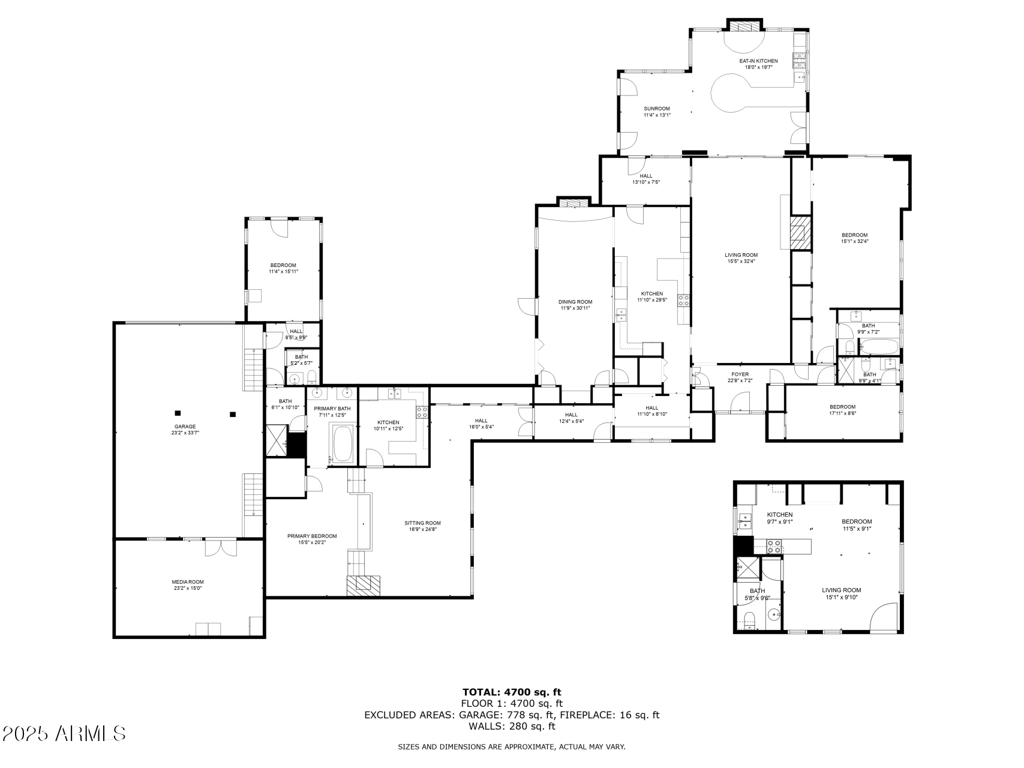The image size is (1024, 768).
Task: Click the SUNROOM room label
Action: pos(656,112)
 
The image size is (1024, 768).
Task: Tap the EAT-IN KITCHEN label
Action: pos(758,64)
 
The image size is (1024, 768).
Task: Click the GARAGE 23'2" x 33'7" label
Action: pos(185,430)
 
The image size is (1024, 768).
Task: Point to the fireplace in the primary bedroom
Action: pos(364,584)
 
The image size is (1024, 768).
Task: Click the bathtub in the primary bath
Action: pos(343,444)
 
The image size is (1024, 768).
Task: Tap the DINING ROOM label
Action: pos(575,305)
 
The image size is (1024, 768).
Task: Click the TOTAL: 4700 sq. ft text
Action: pos(512,692)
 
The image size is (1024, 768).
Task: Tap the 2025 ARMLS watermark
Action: pos(64,733)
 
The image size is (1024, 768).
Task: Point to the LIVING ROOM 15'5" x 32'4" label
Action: pos(741,258)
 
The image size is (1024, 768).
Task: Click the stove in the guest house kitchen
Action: pos(774,546)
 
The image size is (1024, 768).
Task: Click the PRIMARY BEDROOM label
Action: pos(312,539)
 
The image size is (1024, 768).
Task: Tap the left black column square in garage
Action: pos(178,413)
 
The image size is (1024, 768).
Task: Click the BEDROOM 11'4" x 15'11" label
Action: pos(283,268)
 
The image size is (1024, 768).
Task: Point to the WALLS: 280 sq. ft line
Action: pos(512,726)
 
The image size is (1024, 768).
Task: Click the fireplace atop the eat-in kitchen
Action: pos(744,26)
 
